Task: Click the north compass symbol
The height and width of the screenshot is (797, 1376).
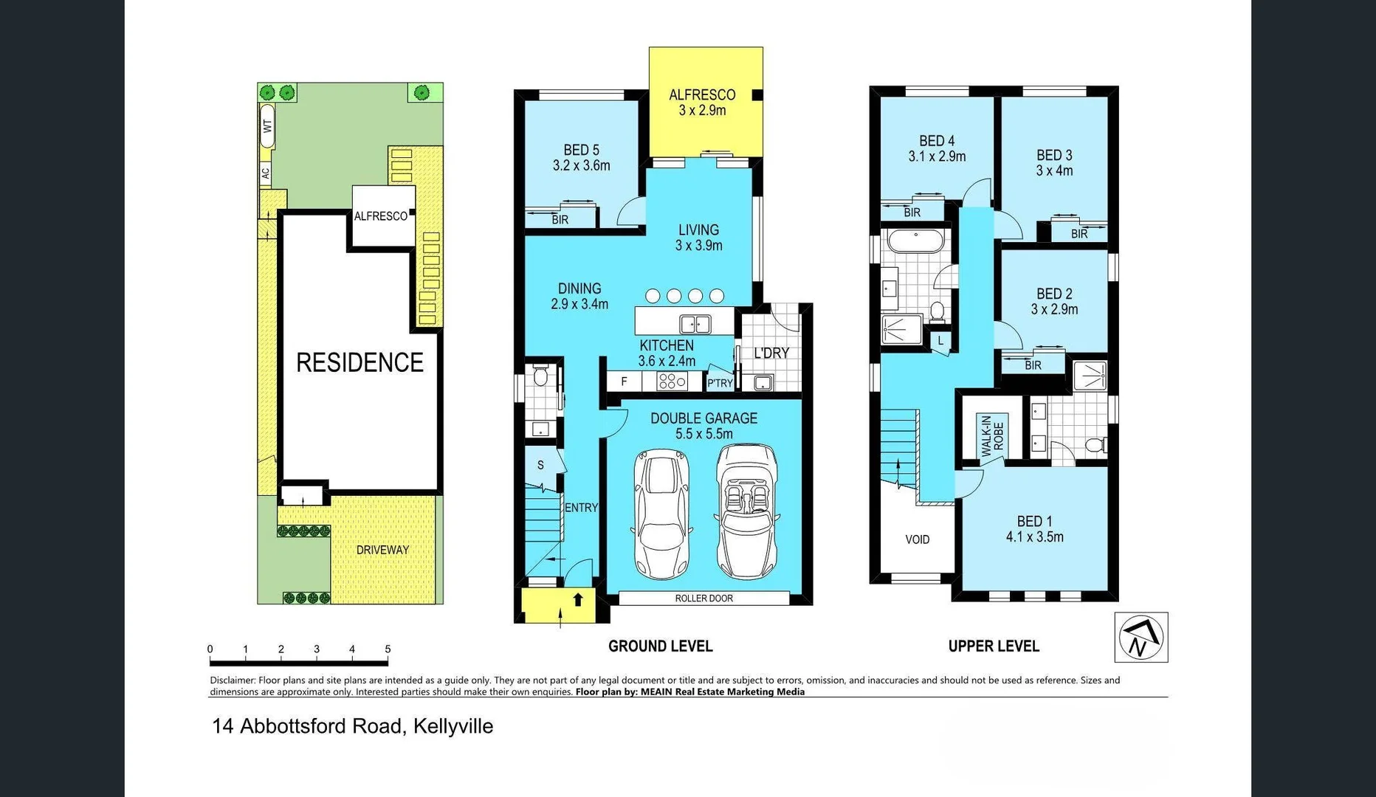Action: tap(1141, 637)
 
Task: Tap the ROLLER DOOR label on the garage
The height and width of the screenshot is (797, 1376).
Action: tap(704, 598)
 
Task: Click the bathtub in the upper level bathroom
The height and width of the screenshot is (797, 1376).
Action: tap(915, 241)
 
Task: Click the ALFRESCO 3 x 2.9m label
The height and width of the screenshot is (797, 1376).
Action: tap(702, 103)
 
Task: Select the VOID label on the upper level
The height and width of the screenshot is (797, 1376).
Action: tap(917, 539)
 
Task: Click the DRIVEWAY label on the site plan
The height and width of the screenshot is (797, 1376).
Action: tap(382, 550)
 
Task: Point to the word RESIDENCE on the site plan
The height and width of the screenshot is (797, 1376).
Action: tap(360, 362)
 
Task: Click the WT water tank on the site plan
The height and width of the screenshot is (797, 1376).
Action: tap(266, 126)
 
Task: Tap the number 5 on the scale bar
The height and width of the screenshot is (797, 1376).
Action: tap(388, 649)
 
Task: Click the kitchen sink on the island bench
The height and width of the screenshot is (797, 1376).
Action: tap(695, 323)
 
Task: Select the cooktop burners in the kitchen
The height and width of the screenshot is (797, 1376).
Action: tap(672, 381)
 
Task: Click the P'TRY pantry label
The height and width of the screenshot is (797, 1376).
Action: tap(720, 382)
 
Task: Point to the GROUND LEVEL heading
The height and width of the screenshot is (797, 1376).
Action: tap(660, 646)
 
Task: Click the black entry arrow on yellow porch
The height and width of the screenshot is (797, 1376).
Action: tap(578, 600)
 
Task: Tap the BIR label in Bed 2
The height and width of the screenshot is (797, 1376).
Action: tap(1033, 365)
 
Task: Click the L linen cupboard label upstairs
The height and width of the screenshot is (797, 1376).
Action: tap(940, 341)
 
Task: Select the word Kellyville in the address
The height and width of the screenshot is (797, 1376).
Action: tap(453, 726)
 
